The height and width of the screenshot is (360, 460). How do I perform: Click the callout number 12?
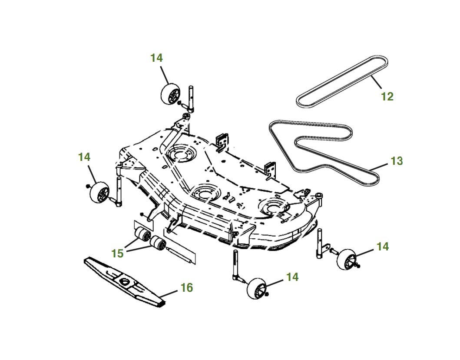387,97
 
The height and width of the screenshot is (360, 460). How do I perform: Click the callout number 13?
397,161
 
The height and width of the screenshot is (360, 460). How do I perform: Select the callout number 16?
187,288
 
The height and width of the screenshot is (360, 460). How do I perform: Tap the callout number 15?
117,253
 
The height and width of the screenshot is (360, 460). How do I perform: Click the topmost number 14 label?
157,58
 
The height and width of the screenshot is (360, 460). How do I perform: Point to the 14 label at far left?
84,157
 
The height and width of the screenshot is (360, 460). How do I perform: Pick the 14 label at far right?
382,247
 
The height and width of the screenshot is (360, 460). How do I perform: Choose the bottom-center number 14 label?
293,277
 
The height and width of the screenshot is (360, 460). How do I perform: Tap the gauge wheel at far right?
346,260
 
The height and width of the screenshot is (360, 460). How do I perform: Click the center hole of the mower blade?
126,282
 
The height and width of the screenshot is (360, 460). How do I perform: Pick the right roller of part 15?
157,244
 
